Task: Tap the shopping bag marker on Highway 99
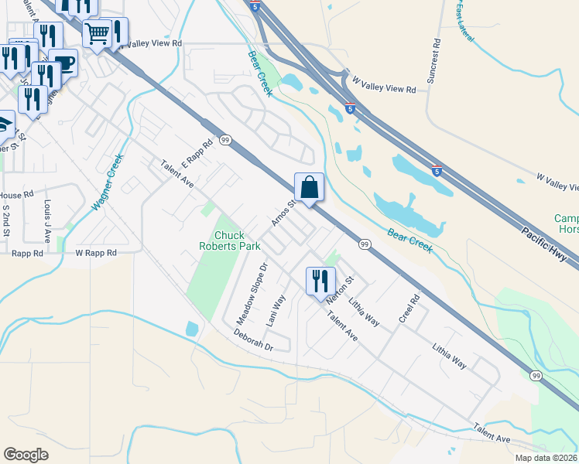tap(309, 188)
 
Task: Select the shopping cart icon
tap(98, 34)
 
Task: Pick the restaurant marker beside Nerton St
tap(320, 281)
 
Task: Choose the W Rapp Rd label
tap(95, 253)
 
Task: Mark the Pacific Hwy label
tap(545, 241)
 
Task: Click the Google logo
tap(26, 455)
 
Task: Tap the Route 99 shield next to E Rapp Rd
tap(225, 140)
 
